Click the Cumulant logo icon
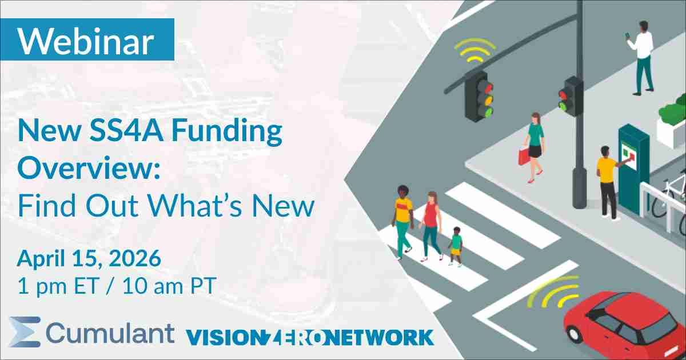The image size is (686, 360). pos(24,331)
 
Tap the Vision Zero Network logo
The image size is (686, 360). pos(309,336)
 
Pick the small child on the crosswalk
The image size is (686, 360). pos(456,246)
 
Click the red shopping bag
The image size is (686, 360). pos(523,155)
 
